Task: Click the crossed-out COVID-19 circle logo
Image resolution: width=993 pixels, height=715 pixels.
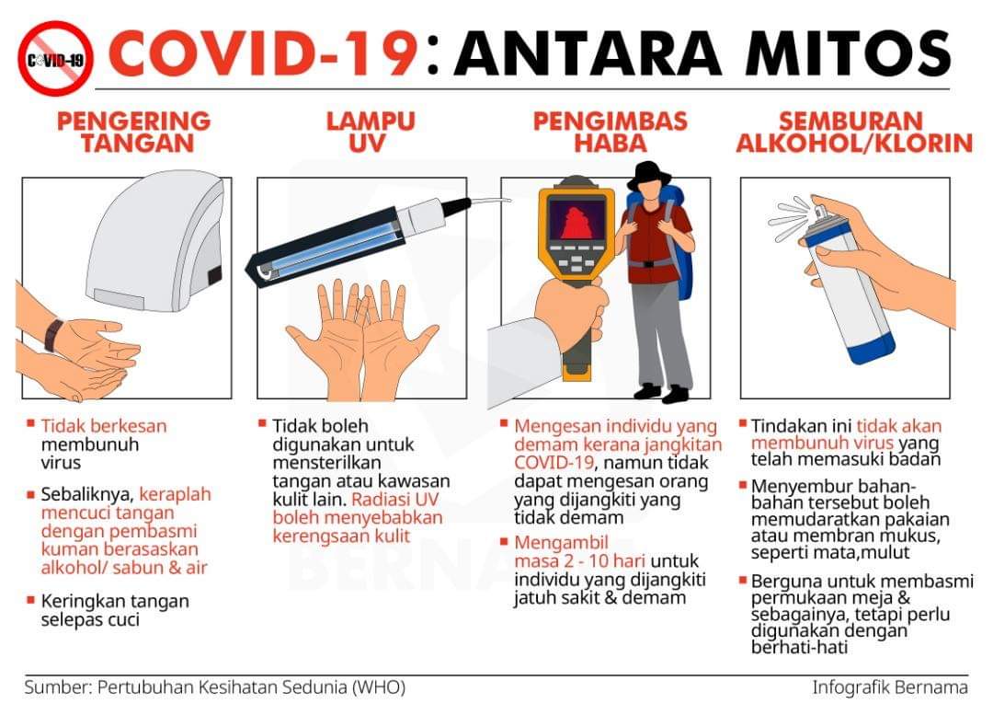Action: pos(55,59)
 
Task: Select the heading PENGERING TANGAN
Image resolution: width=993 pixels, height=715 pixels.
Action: pos(134,132)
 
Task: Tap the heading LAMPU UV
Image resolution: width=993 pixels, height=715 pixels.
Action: pos(371,132)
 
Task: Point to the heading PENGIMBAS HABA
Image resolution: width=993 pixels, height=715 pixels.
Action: pos(610,132)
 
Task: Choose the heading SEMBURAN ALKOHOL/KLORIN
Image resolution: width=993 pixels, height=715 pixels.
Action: pos(853,132)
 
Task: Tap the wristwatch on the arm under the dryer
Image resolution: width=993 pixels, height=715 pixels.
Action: pos(54,335)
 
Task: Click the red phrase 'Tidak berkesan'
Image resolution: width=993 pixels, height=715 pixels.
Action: pos(104,426)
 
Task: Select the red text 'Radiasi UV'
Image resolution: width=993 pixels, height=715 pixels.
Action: pos(395,499)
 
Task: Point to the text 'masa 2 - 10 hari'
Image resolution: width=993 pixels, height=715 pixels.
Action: pos(580,561)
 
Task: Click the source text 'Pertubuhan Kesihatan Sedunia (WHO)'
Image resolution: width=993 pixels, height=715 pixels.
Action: pos(251,687)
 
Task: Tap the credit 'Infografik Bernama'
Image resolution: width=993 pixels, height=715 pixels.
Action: pos(890,687)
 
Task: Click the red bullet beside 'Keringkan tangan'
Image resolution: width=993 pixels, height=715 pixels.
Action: pos(30,599)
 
